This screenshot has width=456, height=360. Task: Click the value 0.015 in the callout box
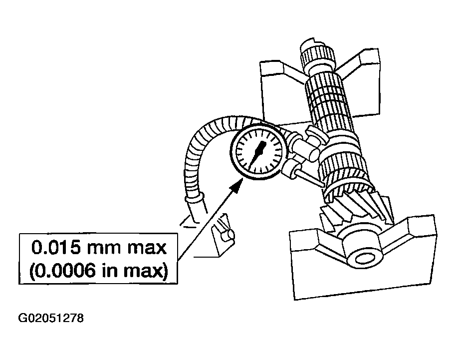tap(55, 248)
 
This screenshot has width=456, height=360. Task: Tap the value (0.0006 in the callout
tap(62, 271)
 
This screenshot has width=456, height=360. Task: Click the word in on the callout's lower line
tap(108, 270)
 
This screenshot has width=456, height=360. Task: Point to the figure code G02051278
tap(51, 318)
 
